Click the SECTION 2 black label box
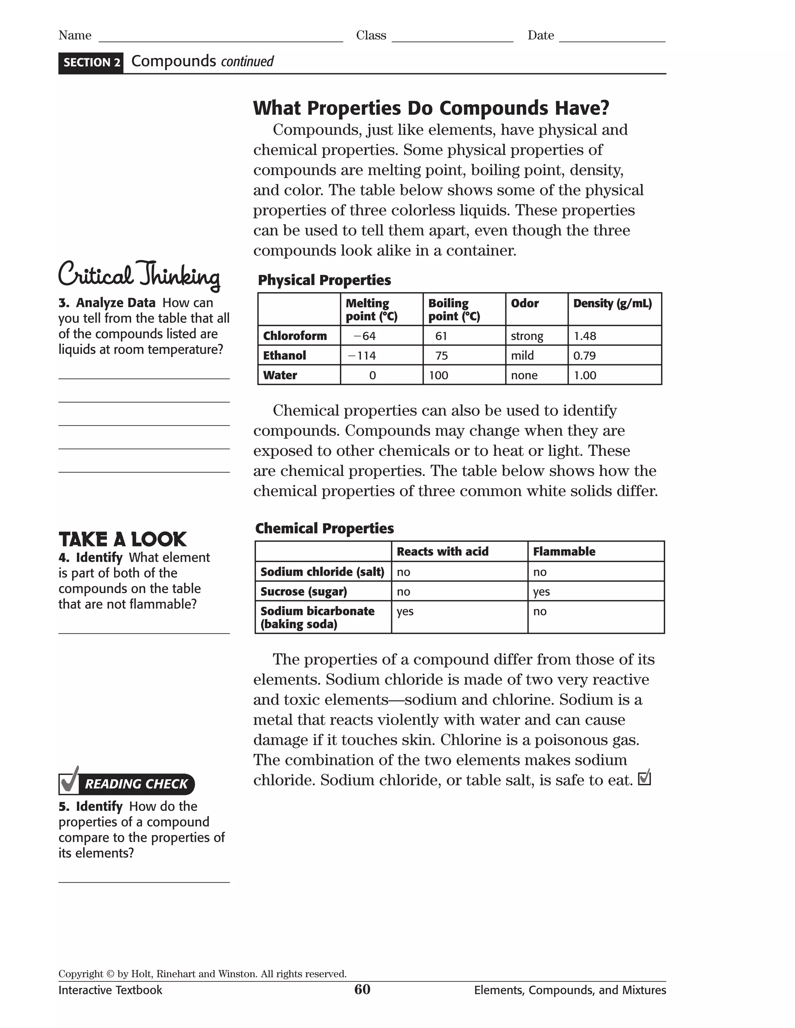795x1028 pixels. point(91,62)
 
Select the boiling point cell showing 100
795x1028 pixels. point(439,376)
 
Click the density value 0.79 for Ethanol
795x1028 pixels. point(585,356)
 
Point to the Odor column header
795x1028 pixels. point(525,304)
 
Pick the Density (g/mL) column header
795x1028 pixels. point(612,304)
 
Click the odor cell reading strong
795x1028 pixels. point(527,336)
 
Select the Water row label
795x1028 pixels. point(280,376)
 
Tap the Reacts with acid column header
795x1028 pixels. point(442,552)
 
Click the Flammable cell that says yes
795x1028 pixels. point(542,592)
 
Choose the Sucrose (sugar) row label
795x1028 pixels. point(304,592)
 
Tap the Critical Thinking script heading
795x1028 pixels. point(139,275)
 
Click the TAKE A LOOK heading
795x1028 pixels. point(122,540)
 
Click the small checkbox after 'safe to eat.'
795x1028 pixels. point(644,779)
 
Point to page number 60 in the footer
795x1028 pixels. point(362,990)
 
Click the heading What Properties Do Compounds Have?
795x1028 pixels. point(431,108)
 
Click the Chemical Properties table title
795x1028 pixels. point(325,529)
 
